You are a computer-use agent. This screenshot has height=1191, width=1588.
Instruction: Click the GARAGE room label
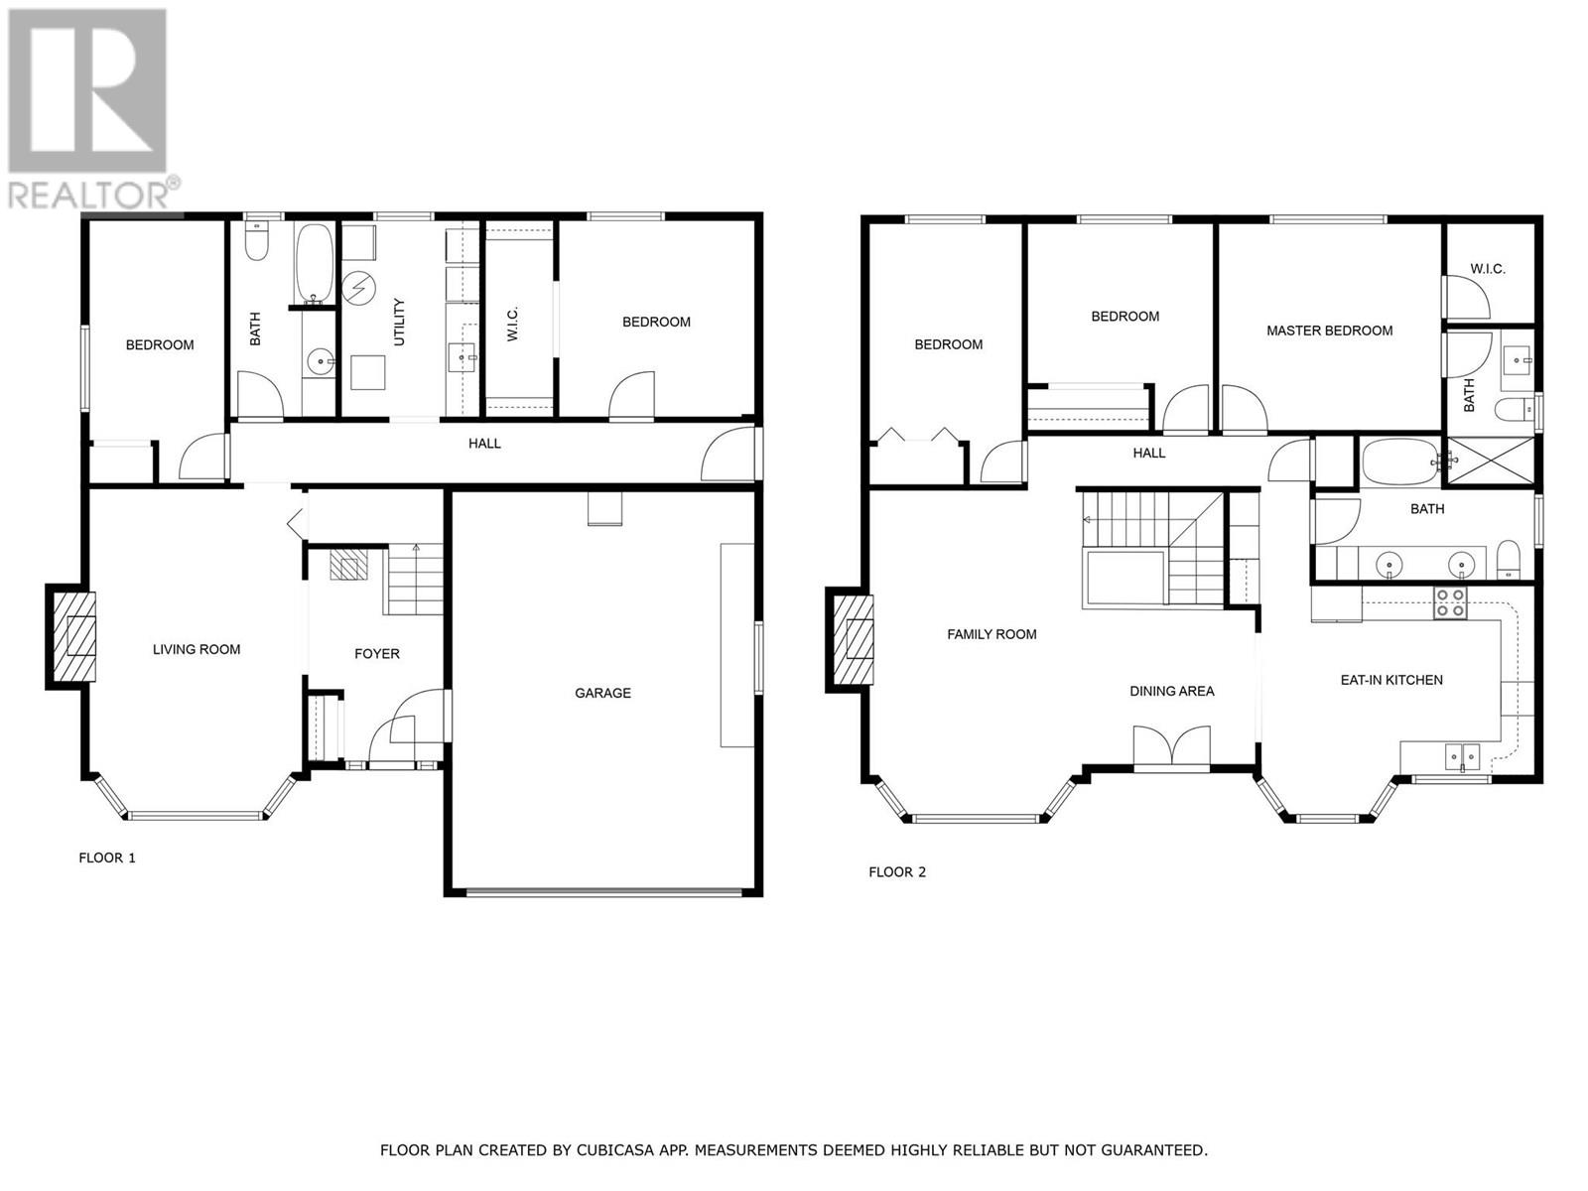point(602,693)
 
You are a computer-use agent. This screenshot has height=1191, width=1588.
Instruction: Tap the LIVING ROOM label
point(197,649)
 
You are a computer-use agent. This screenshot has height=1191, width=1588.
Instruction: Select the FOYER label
point(377,653)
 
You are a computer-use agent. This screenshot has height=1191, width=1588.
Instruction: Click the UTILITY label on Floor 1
point(400,322)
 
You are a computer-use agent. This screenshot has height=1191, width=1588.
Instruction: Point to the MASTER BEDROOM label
point(1329,331)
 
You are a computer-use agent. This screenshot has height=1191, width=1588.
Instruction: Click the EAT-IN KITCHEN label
point(1391,680)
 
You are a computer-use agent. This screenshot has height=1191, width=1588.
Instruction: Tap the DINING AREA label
point(1171,691)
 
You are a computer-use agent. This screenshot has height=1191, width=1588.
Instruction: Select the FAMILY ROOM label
point(992,634)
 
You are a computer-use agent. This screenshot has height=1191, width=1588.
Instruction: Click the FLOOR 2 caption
point(896,871)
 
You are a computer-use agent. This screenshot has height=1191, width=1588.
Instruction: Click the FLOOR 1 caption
point(106,858)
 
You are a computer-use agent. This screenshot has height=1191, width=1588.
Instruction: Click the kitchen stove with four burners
point(1450,602)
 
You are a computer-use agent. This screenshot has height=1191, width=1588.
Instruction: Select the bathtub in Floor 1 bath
point(316,263)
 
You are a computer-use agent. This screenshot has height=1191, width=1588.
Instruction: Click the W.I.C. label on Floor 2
point(1488,269)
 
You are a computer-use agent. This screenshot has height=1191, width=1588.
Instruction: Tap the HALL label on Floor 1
point(484,444)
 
